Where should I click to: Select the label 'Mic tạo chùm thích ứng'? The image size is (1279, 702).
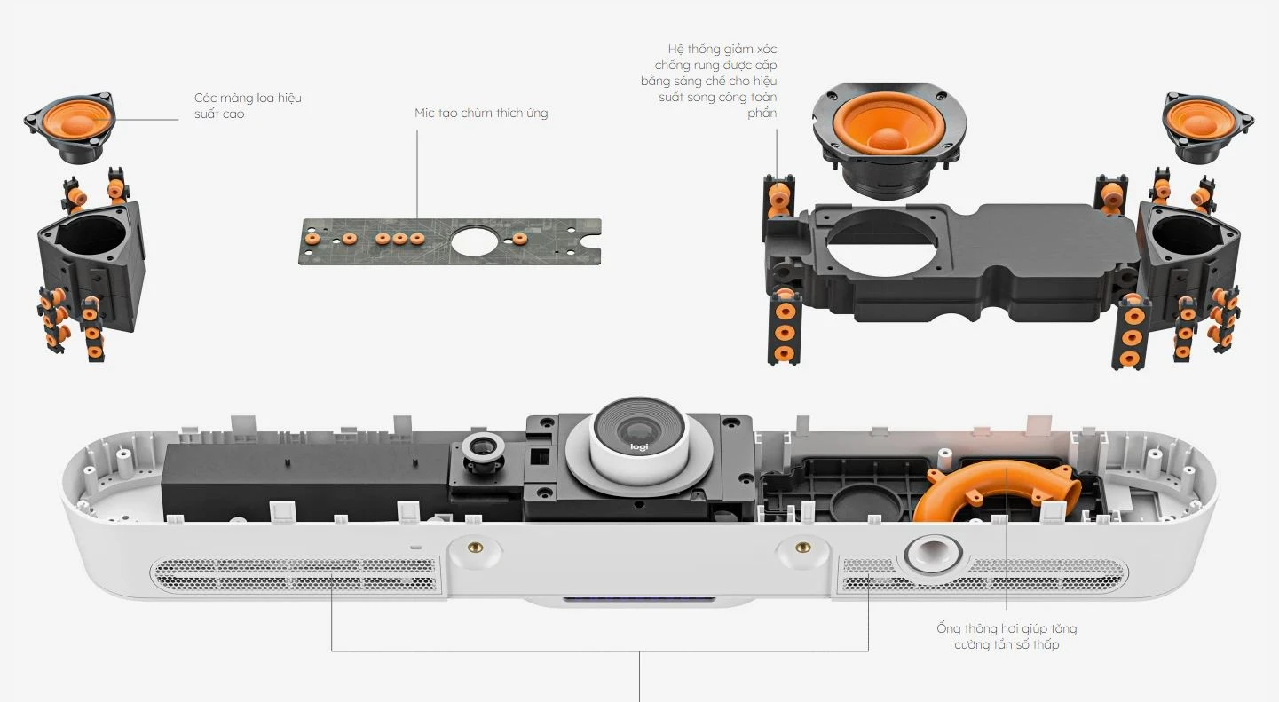pyautogui.click(x=481, y=113)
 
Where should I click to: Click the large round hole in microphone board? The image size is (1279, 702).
pyautogui.click(x=477, y=240)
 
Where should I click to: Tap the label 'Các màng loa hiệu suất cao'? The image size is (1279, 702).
pyautogui.click(x=248, y=106)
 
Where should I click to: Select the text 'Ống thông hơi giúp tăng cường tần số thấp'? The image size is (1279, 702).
pyautogui.click(x=1007, y=636)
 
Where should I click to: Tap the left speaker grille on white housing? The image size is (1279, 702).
pyautogui.click(x=296, y=574)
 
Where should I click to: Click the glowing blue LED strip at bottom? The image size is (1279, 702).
pyautogui.click(x=639, y=601)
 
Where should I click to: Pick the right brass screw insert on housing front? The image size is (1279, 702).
pyautogui.click(x=802, y=548)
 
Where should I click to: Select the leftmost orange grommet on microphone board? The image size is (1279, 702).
pyautogui.click(x=312, y=239)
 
